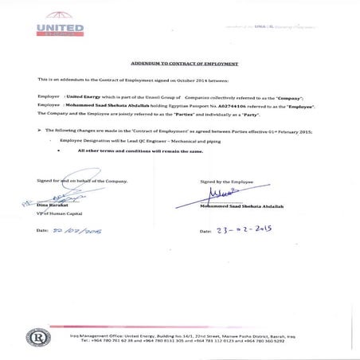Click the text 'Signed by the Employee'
[225, 182]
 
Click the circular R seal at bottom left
[37, 337]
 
